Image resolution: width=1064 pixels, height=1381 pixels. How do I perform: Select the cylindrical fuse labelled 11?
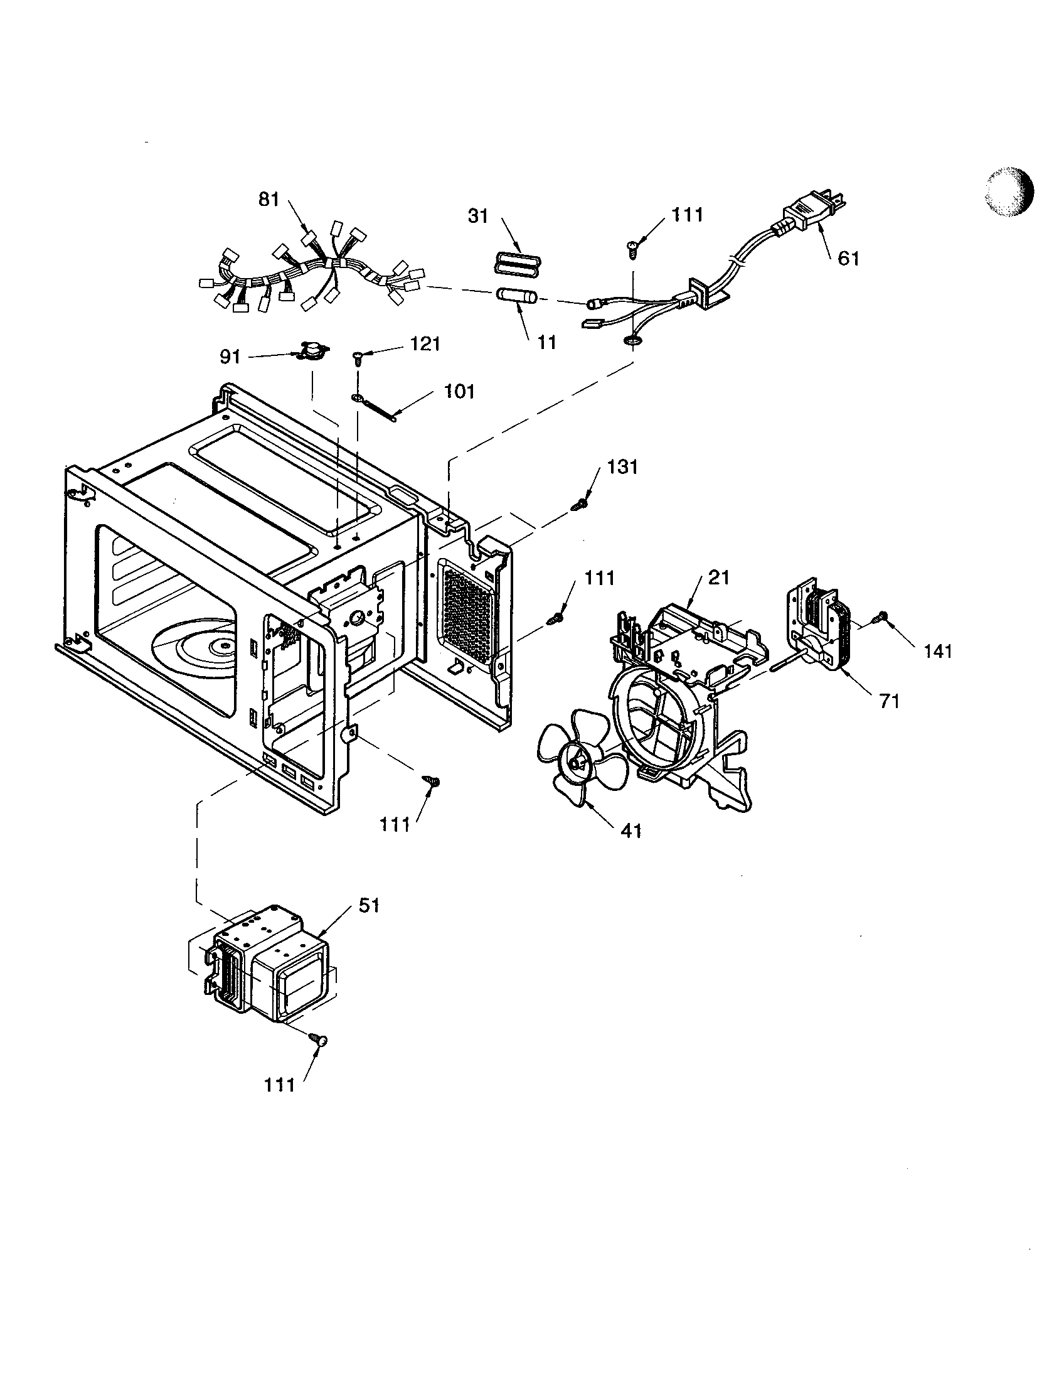tap(515, 295)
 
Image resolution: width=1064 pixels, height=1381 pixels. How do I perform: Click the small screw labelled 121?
tap(358, 357)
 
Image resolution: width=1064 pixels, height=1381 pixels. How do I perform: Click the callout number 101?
tap(459, 392)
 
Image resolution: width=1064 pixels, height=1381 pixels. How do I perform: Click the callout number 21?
tap(718, 578)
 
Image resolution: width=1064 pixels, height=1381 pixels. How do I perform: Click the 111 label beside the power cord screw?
tap(687, 215)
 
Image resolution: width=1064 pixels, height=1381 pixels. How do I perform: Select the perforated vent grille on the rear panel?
tap(468, 614)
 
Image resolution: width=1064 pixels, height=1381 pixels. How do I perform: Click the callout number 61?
tap(848, 258)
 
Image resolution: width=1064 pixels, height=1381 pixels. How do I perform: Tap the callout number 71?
tap(889, 700)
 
